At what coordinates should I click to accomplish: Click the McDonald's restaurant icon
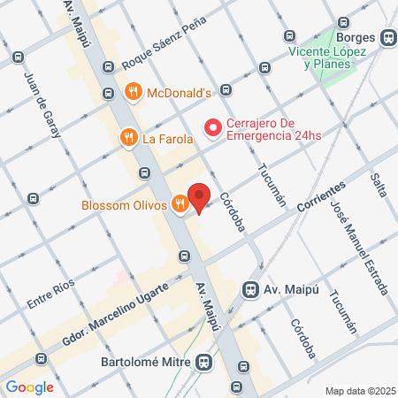pos(133,90)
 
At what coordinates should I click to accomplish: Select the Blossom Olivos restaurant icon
pos(180,204)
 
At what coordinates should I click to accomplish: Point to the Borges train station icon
pos(387,38)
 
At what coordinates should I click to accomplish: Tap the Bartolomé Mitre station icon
pos(205,362)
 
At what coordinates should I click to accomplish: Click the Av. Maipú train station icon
pos(251,288)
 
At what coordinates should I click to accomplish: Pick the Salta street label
pos(379,184)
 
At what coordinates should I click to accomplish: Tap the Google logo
pos(29,387)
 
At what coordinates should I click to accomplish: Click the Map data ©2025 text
pos(360,391)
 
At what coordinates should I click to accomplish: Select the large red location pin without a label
pos(201,198)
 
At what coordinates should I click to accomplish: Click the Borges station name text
pos(356,38)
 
